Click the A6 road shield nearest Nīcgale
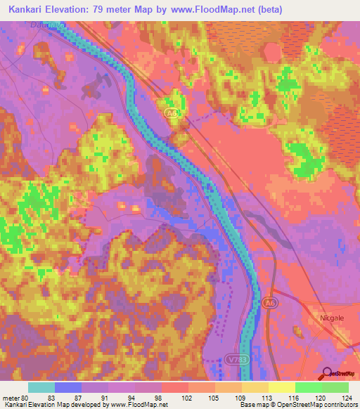click(267, 302)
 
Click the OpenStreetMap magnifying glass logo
click(326, 373)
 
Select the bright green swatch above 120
click(308, 387)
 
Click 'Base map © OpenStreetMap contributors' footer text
click(297, 405)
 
